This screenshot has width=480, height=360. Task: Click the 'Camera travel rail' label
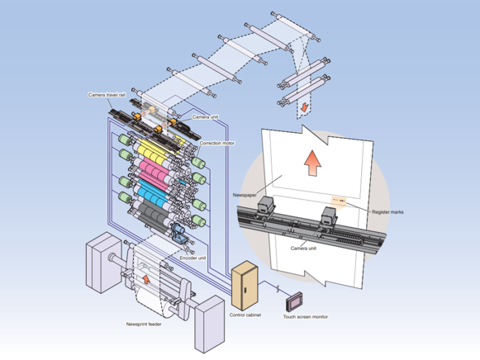(107, 95)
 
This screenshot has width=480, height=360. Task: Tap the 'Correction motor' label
(217, 143)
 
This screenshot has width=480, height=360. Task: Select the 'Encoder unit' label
(192, 258)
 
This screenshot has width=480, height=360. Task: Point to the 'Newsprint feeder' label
(144, 324)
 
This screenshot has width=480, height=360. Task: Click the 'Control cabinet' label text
(245, 315)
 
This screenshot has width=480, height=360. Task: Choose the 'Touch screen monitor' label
(305, 316)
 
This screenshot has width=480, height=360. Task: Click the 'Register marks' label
(387, 211)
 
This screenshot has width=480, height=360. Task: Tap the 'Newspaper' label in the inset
(245, 195)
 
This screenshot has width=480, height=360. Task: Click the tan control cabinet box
(245, 286)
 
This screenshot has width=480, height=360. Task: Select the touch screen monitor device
(294, 301)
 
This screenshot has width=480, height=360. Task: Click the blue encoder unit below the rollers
(178, 232)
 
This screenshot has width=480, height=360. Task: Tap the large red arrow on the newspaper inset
(312, 163)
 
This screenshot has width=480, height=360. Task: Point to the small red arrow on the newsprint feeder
(146, 279)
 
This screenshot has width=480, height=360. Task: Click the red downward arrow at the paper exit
(304, 107)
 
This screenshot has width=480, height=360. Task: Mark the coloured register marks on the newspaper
(339, 200)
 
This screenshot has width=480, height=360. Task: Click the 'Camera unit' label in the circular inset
(303, 248)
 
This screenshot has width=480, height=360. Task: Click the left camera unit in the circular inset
(265, 204)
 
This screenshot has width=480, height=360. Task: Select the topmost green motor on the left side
(125, 140)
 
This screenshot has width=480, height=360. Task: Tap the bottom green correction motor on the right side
(198, 220)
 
